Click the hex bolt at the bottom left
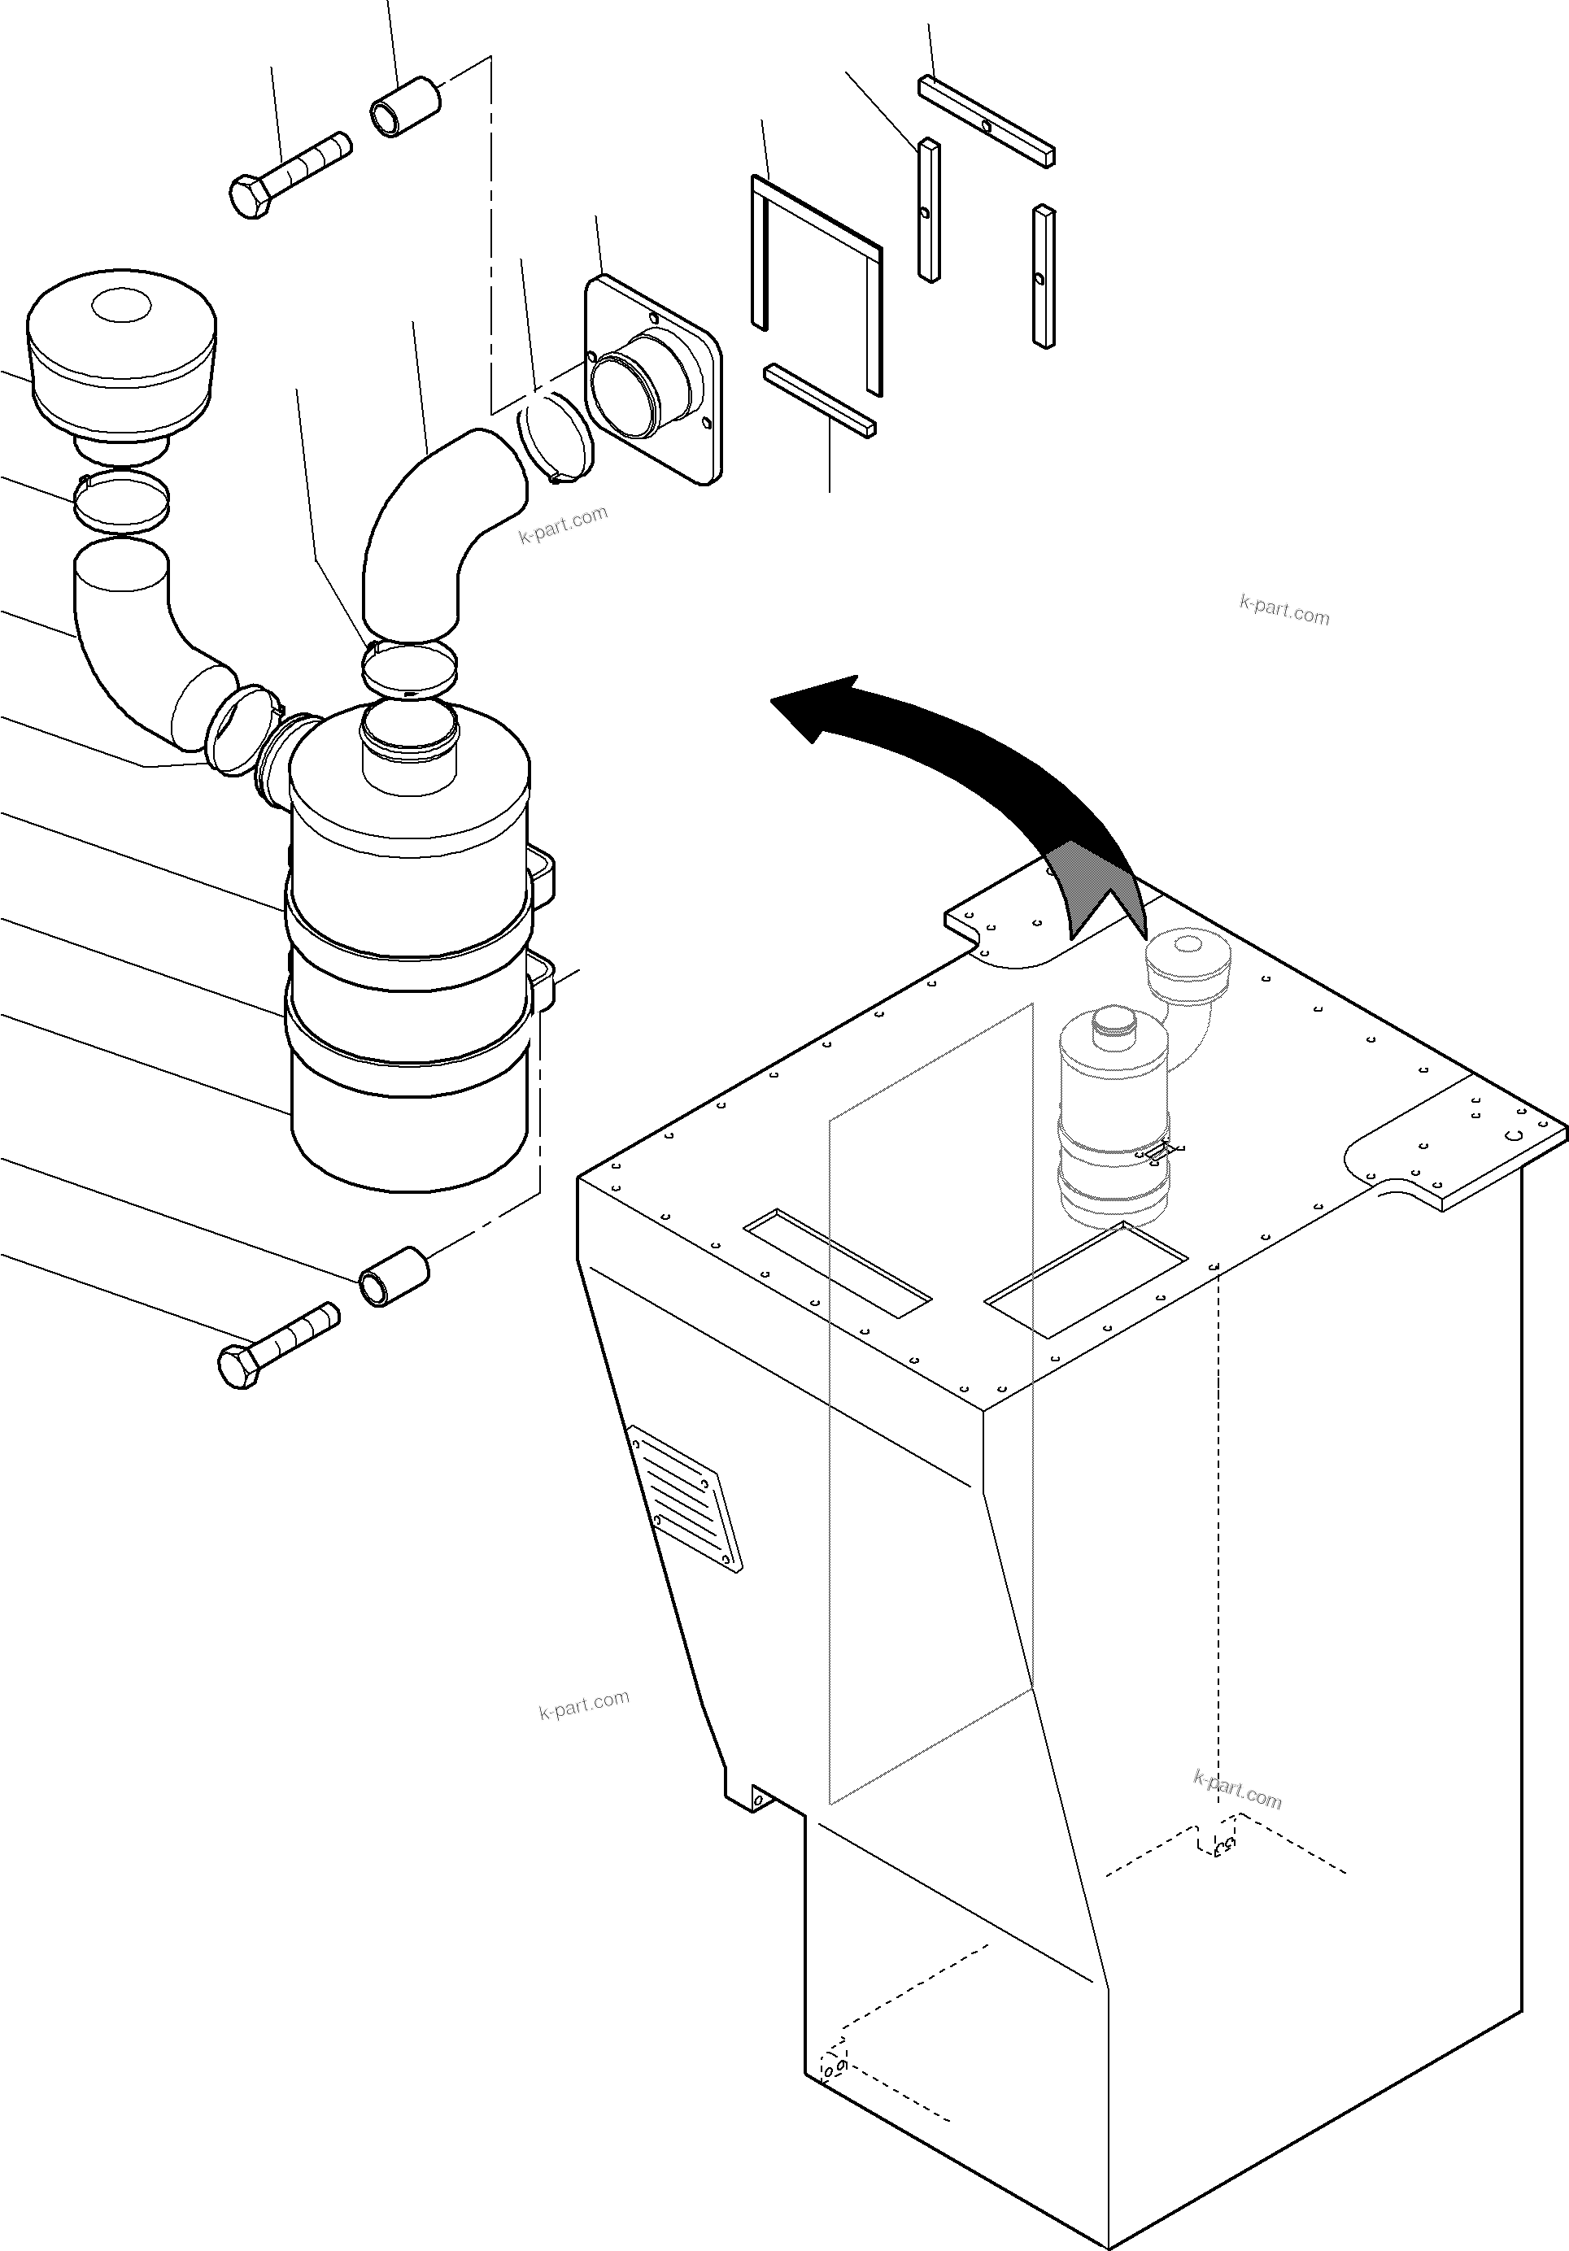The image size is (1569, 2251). (x=278, y=1343)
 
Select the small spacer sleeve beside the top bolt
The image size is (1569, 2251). (x=403, y=105)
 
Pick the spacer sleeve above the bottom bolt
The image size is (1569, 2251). (x=394, y=1275)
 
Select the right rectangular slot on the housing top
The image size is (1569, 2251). (x=1087, y=1278)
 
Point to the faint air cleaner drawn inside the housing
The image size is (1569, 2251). (x=1114, y=1117)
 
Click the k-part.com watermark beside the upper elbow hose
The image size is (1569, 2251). (x=563, y=525)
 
